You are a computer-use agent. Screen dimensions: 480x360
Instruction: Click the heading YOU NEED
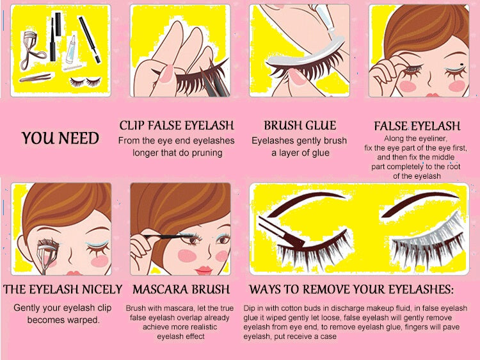[x=60, y=138]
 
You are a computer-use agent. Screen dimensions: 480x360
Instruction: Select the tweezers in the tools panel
[x=35, y=78]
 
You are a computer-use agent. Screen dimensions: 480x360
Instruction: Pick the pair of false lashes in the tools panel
[x=85, y=82]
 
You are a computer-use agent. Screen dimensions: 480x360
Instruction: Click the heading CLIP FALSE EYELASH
[x=177, y=126]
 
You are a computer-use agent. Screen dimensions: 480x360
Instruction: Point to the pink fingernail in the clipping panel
[x=166, y=74]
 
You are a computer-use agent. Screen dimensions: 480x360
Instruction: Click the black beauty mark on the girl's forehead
[x=462, y=65]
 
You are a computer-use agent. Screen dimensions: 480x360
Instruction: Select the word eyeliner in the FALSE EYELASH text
[x=432, y=139]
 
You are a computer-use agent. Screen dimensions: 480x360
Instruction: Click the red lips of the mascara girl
[x=204, y=270]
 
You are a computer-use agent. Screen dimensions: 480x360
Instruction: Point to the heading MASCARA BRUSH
[x=181, y=290]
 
